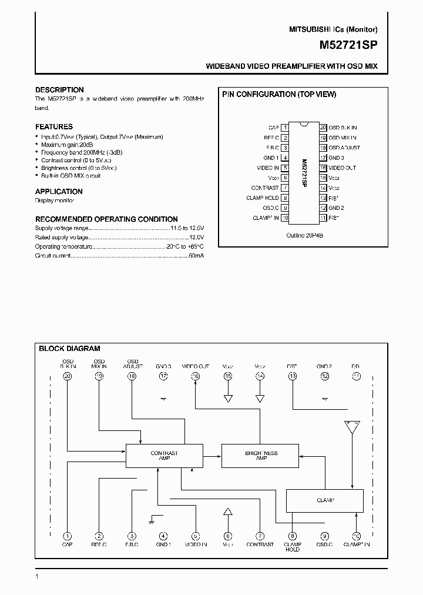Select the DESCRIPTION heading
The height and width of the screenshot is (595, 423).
click(59, 90)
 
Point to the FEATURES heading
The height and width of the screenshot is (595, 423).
click(54, 126)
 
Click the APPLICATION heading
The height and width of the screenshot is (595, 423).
click(59, 191)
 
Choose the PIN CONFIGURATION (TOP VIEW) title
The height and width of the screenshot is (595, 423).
click(278, 94)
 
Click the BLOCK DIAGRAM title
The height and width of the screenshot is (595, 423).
click(69, 349)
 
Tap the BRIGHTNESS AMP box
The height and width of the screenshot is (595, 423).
click(261, 456)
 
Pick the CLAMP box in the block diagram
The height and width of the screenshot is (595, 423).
click(324, 500)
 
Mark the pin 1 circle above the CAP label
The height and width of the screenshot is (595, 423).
click(68, 536)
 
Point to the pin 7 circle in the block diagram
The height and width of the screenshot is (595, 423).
click(260, 536)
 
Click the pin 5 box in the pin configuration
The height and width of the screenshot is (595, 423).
click(284, 168)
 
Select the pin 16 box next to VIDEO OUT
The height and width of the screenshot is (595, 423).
click(323, 168)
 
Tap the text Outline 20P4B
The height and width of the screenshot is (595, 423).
click(305, 235)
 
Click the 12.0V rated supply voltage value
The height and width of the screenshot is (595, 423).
click(196, 237)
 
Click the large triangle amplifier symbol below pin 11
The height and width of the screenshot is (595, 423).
click(353, 427)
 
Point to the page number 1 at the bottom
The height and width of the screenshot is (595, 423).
click(37, 576)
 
